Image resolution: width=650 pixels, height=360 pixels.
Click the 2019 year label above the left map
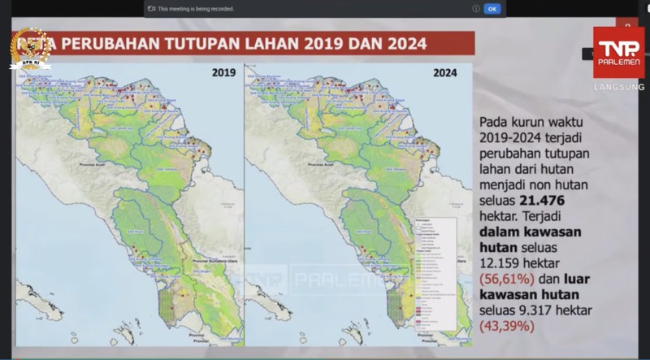point(223,72)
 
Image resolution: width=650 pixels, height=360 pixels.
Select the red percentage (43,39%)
point(507,326)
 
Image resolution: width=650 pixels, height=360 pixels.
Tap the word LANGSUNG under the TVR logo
point(619,87)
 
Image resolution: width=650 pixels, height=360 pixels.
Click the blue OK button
point(492,8)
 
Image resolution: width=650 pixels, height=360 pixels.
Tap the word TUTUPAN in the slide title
point(200,44)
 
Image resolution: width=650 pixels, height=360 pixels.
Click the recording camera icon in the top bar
point(150,8)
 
